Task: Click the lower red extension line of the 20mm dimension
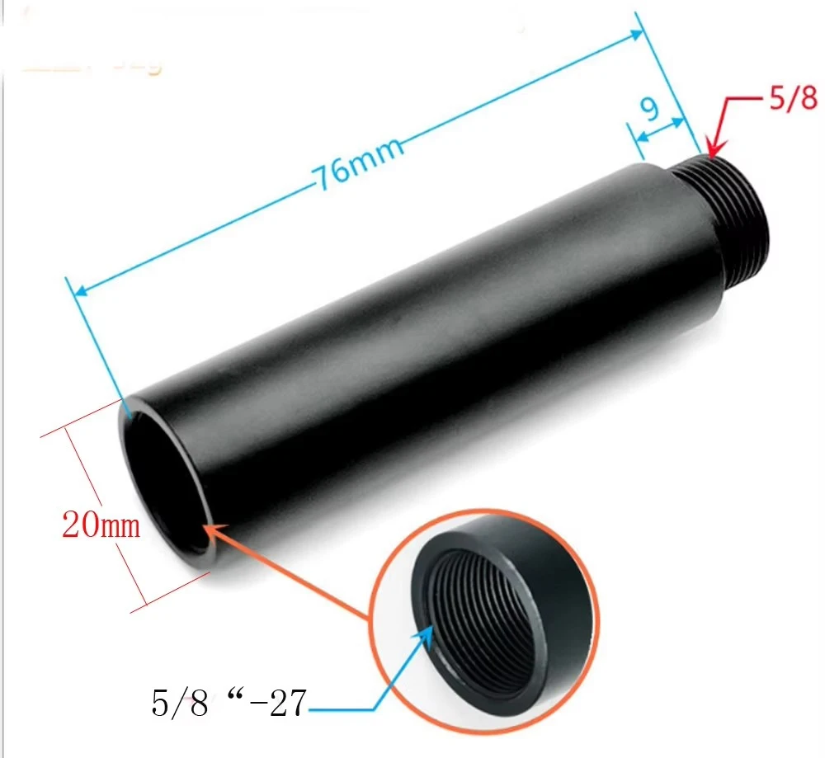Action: pyautogui.click(x=169, y=595)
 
